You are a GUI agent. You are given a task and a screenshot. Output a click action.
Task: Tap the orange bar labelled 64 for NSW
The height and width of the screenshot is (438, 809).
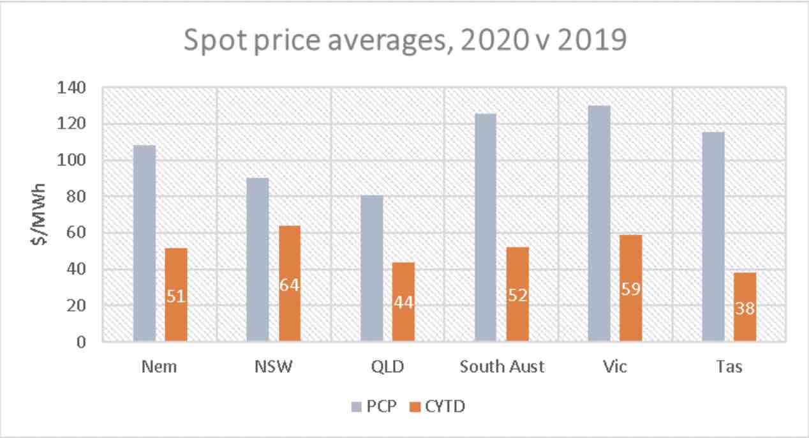click(x=289, y=283)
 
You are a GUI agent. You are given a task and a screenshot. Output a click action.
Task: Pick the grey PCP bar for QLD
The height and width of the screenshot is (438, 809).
click(x=372, y=269)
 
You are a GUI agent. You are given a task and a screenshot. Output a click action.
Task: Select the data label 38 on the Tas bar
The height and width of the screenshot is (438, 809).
click(x=745, y=309)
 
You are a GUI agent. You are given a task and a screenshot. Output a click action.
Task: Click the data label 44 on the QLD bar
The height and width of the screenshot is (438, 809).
click(x=403, y=303)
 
